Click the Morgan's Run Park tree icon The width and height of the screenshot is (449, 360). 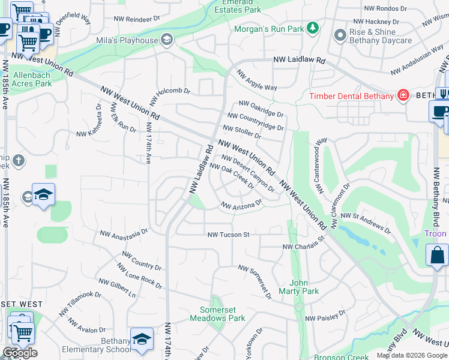point(312,28)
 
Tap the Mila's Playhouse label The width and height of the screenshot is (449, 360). point(127,40)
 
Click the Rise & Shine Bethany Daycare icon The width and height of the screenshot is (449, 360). point(340,35)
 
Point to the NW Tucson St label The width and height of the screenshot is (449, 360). point(228,235)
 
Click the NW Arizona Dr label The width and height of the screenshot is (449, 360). point(243,205)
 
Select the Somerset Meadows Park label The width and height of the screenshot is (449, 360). point(217,314)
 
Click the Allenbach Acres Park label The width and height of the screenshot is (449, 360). point(32,79)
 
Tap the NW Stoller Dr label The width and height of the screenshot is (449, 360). point(242,131)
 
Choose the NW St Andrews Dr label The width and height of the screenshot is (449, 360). point(365,223)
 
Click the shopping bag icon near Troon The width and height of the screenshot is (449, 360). point(437,254)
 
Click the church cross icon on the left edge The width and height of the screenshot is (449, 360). point(19,160)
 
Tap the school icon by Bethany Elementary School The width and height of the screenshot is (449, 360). point(142,338)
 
